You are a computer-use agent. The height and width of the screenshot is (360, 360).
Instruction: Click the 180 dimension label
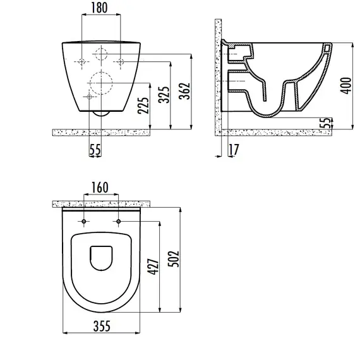point(99,8)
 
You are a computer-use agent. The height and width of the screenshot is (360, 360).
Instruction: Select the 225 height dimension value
point(143,105)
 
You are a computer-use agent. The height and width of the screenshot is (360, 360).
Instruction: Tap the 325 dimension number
point(164,95)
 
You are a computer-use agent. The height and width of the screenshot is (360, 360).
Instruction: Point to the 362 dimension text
point(184,91)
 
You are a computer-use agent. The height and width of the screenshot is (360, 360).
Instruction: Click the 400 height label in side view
point(345,85)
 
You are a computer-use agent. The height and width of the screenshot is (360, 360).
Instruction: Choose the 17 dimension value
point(234,150)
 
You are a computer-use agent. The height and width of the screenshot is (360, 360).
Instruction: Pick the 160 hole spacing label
point(100,188)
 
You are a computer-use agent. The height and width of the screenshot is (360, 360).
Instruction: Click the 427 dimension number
point(153,267)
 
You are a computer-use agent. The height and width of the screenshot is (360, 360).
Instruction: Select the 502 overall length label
point(174,259)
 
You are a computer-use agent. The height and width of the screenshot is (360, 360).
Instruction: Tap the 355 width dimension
point(102,326)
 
